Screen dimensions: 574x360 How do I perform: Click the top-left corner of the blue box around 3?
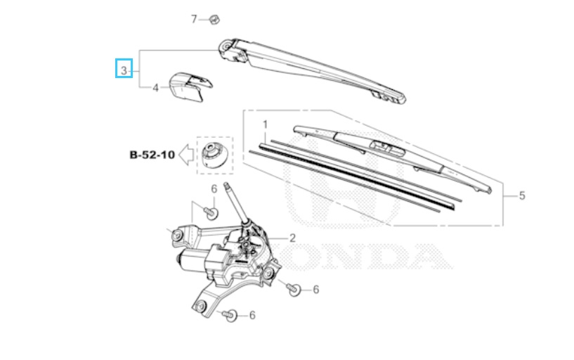tap(116, 59)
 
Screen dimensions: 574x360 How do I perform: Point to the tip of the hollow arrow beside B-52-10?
tap(179, 155)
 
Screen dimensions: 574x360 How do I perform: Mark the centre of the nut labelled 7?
tap(214, 19)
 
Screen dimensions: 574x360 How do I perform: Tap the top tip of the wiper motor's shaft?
tap(226, 184)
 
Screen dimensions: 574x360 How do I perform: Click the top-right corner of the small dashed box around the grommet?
tap(233, 137)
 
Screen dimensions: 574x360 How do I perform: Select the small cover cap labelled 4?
tap(190, 86)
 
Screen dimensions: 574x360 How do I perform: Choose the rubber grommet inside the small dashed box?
tap(214, 155)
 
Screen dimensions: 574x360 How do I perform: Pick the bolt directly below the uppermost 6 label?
tap(211, 212)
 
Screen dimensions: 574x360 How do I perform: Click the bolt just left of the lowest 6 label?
tap(230, 314)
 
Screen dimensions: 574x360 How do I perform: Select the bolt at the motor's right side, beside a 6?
tap(294, 288)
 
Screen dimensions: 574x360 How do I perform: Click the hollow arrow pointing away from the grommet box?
tap(186, 155)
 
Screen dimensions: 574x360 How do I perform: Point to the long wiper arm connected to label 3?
tap(312, 69)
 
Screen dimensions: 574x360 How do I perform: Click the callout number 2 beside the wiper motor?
tap(292, 238)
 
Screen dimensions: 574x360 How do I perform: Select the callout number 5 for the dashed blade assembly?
tap(522, 195)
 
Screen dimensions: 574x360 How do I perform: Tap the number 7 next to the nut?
tap(194, 19)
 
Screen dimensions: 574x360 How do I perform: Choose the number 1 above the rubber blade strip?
tap(265, 125)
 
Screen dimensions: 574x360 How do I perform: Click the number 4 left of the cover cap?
tap(155, 88)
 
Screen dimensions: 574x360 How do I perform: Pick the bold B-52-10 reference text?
tap(152, 155)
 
